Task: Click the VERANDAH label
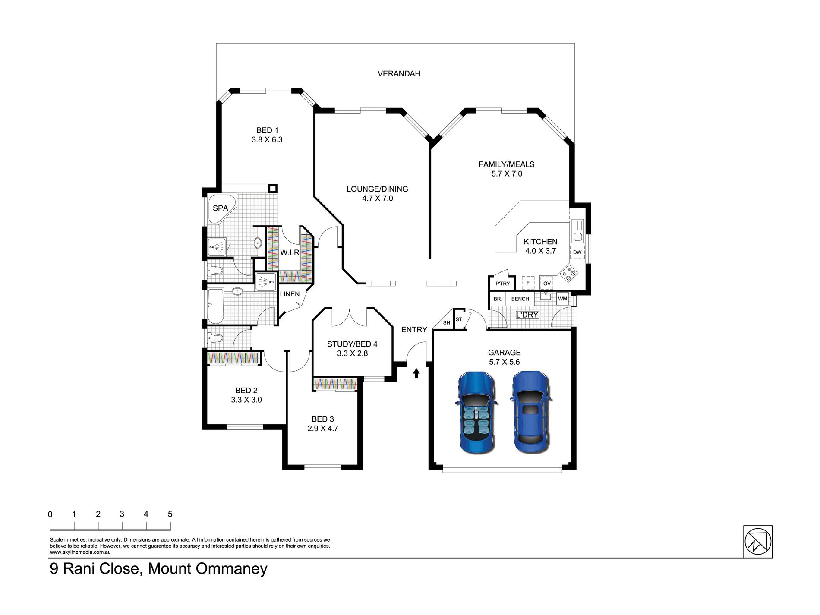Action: click(399, 74)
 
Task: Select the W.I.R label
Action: click(290, 252)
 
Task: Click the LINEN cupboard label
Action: click(290, 294)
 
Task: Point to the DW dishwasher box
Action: click(577, 252)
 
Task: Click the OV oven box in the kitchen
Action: click(547, 283)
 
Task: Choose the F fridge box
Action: click(528, 283)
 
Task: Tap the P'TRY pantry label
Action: click(502, 284)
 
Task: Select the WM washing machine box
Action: click(563, 299)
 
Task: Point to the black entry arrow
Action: click(416, 373)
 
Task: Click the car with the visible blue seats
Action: click(476, 413)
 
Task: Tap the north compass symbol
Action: click(757, 541)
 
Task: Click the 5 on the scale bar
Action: click(170, 514)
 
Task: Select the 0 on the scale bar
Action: click(50, 514)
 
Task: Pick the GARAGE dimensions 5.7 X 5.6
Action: click(504, 362)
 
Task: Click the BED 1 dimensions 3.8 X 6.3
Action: click(267, 140)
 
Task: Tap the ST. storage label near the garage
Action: click(459, 320)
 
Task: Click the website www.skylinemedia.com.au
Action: click(81, 552)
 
